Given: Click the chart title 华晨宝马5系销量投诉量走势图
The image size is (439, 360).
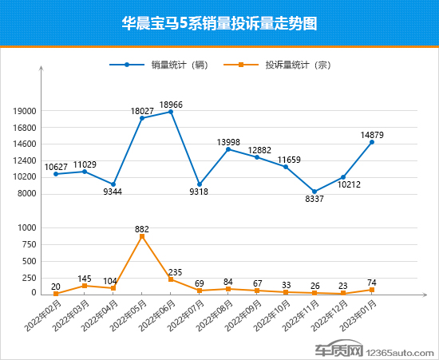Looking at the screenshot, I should pyautogui.click(x=219, y=24).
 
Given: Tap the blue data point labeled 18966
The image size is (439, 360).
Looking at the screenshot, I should pyautogui.click(x=171, y=112).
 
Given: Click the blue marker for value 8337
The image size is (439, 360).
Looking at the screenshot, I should pyautogui.click(x=314, y=192).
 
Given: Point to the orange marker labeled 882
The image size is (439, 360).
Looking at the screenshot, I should pyautogui.click(x=142, y=237).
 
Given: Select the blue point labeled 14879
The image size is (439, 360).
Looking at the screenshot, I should pyautogui.click(x=372, y=142).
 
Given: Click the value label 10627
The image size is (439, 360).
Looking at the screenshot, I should pyautogui.click(x=56, y=167).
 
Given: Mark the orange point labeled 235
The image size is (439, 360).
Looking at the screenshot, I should pyautogui.click(x=171, y=279).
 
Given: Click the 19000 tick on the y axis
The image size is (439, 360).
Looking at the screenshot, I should pyautogui.click(x=25, y=111).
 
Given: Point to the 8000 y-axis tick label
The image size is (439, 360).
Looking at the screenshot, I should pyautogui.click(x=27, y=194).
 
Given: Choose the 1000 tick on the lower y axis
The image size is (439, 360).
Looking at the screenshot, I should pyautogui.click(x=27, y=227).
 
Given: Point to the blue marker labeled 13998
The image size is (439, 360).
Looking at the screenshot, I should pyautogui.click(x=228, y=149).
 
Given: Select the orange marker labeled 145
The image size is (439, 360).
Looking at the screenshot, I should pyautogui.click(x=85, y=286).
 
